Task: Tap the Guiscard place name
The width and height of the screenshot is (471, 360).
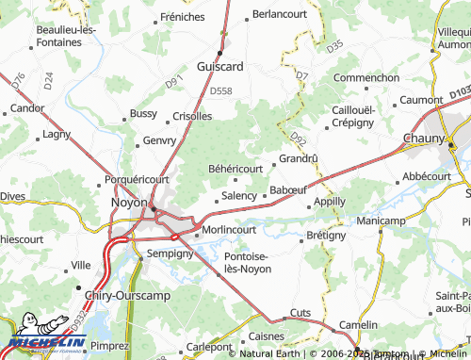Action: tap(219, 66)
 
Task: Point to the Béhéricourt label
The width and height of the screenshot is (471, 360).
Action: tap(235, 168)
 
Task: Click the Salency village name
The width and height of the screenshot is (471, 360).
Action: tap(238, 196)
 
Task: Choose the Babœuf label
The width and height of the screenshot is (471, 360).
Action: tap(287, 190)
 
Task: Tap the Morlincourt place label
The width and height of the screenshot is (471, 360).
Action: tap(229, 229)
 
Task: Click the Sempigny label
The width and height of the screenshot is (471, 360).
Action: tap(170, 254)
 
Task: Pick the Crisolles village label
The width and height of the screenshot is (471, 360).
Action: tap(193, 117)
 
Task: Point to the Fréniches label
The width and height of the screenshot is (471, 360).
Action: tap(182, 17)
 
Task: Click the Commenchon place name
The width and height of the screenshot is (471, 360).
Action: tap(366, 77)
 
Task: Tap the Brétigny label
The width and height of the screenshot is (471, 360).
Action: tap(326, 235)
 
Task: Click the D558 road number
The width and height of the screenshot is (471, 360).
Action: tap(220, 90)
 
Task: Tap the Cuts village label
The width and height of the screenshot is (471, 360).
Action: tap(300, 312)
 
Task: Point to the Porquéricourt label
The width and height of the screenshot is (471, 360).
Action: tap(137, 178)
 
